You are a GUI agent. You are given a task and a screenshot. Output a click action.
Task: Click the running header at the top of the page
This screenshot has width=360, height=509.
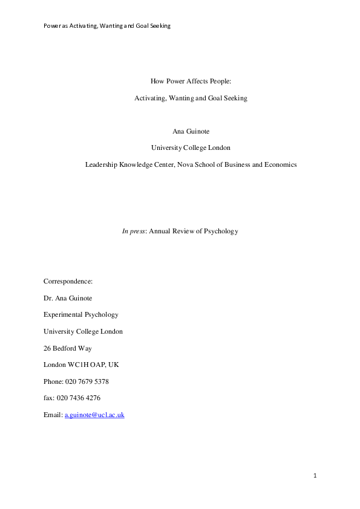coord(107,25)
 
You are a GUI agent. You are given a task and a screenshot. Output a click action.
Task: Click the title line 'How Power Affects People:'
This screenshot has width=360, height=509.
coord(191,80)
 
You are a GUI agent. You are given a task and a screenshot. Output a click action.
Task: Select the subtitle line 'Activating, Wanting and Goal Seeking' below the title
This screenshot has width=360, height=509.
coord(191,98)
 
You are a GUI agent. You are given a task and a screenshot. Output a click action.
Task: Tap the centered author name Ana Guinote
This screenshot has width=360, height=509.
coord(191,131)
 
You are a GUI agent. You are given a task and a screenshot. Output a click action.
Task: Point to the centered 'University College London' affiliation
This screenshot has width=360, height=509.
coord(191,148)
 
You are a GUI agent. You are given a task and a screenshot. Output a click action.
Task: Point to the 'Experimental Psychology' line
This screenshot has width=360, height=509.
coord(81,314)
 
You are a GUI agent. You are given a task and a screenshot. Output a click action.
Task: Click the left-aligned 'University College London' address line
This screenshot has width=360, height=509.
coord(83,331)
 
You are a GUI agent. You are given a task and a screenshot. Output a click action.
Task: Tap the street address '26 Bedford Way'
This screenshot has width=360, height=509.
coord(68,348)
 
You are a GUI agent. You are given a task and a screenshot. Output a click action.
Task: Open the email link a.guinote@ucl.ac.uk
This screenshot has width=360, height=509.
coord(94,415)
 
